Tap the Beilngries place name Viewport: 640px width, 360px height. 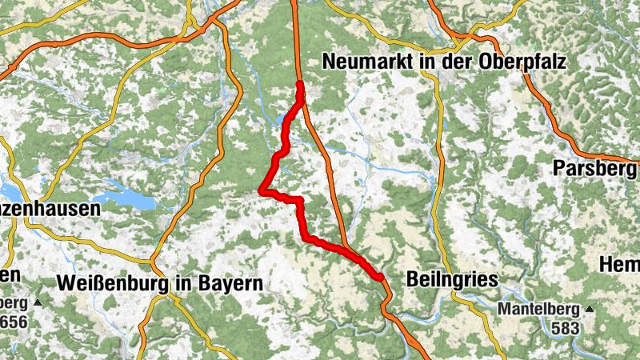pyautogui.click(x=452, y=280)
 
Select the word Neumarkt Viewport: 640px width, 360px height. pyautogui.click(x=364, y=61)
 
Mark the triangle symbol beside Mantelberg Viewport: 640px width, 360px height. pyautogui.click(x=590, y=308)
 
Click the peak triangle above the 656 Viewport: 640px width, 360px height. pyautogui.click(x=37, y=303)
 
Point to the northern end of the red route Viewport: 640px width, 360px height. pyautogui.click(x=299, y=84)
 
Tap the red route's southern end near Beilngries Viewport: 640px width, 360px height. pyautogui.click(x=382, y=277)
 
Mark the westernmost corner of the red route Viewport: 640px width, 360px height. pyautogui.click(x=262, y=190)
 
